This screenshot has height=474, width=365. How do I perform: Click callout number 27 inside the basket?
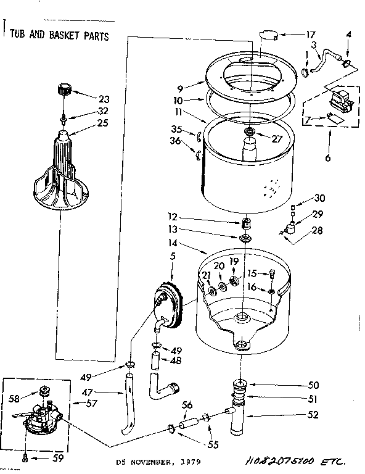pos(277,139)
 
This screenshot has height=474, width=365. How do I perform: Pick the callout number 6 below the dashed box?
pos(327,158)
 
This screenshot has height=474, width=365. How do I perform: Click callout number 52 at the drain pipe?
pos(314,415)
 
